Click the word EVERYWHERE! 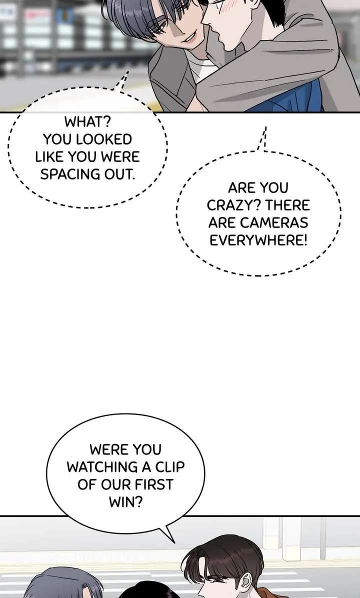click(258, 240)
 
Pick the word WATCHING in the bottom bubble click(102, 467)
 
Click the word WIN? click(125, 502)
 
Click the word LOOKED click(106, 138)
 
